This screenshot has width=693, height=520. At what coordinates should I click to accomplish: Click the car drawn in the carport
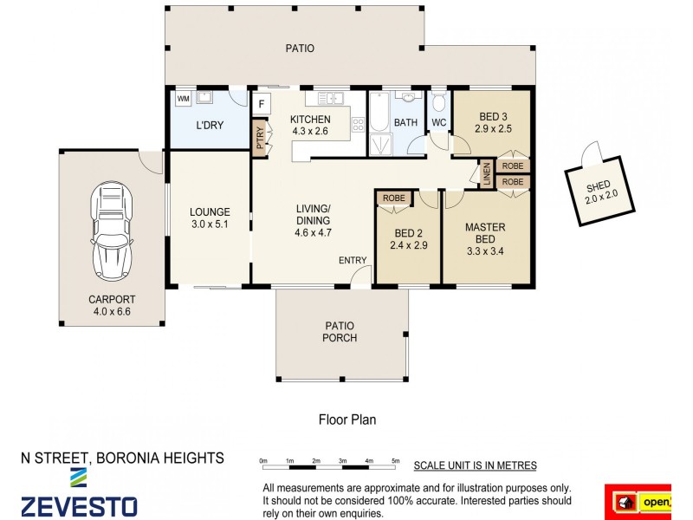tap(112, 231)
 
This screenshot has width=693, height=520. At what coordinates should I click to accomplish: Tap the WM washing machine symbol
tap(183, 99)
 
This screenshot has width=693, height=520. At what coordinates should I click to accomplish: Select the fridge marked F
tap(262, 104)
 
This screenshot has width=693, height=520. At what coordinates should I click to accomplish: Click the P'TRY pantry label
tap(260, 138)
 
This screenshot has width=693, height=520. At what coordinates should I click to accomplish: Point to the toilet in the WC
tap(438, 101)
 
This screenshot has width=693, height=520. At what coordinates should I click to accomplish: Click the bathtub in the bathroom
tap(379, 112)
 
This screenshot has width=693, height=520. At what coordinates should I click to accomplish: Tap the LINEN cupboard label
tap(487, 174)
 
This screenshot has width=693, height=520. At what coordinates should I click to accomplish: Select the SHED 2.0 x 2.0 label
tap(600, 192)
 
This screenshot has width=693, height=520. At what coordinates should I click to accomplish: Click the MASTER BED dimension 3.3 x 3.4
tap(485, 251)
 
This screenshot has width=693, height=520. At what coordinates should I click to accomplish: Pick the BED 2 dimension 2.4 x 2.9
tap(408, 245)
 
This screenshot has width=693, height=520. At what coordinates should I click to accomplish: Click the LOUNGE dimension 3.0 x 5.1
tap(210, 224)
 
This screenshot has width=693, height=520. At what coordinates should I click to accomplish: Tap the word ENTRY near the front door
tap(353, 261)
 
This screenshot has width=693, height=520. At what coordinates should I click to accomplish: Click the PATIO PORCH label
tap(340, 332)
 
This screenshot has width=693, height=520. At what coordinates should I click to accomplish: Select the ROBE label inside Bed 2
tap(394, 198)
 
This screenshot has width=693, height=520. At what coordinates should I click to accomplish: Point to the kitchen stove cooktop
tap(358, 124)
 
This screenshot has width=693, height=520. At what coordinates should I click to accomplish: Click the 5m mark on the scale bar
tap(396, 461)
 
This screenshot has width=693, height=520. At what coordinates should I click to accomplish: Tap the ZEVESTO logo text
tap(80, 507)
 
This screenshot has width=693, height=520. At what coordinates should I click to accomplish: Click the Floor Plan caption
tap(347, 419)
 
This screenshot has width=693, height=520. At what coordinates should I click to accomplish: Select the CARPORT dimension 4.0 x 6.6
tap(112, 311)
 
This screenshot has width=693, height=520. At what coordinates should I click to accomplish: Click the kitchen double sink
tap(331, 98)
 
